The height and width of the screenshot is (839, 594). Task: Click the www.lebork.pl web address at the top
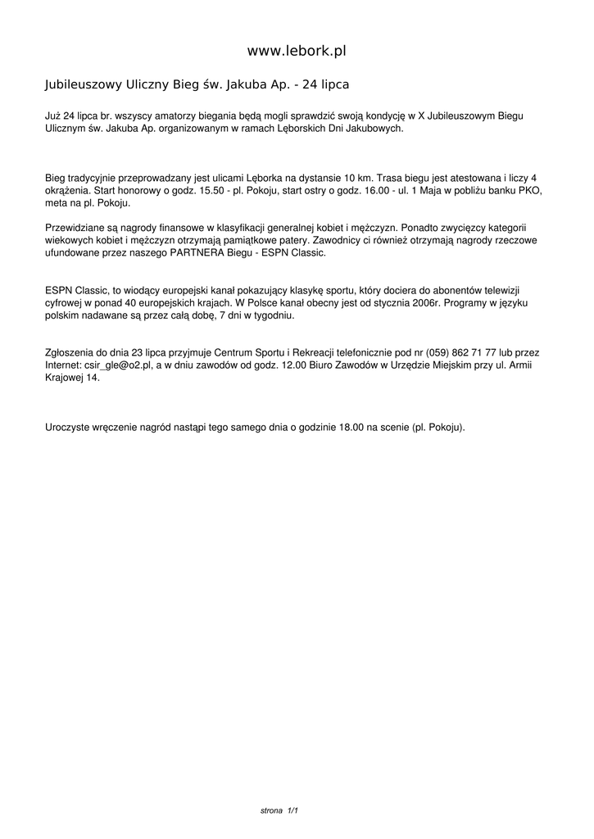point(297,51)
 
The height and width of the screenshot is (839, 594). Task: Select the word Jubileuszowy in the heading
point(82,84)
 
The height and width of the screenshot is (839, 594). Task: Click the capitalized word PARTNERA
point(195,253)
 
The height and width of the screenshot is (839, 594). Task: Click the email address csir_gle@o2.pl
point(123,365)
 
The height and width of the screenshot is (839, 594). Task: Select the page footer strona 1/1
point(279,810)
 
